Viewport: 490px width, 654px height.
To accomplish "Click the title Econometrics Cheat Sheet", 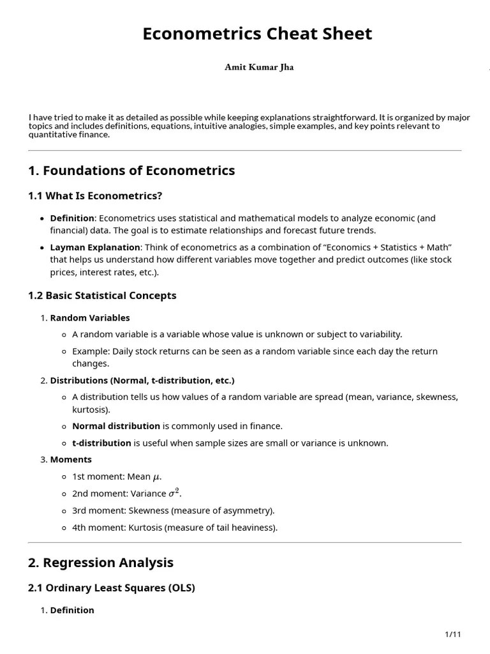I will click(x=257, y=34).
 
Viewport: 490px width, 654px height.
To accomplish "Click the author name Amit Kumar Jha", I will click(x=259, y=67).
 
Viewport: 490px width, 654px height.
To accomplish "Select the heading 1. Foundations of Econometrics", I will click(x=131, y=171).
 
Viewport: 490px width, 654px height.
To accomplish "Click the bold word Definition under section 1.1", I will click(x=72, y=218).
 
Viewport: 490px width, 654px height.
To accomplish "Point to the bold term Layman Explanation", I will click(x=95, y=247).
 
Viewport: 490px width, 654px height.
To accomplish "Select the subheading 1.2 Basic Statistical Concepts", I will click(x=102, y=296).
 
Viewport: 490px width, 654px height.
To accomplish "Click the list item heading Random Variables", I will click(x=90, y=317).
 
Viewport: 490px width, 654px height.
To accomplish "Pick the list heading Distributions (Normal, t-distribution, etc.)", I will click(x=142, y=380).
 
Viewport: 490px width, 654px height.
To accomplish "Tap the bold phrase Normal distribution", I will click(x=116, y=426).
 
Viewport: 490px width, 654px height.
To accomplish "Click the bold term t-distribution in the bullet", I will click(x=101, y=443).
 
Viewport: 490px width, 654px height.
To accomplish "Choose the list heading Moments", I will click(x=71, y=459).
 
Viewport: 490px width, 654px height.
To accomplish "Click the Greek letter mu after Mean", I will click(x=156, y=477).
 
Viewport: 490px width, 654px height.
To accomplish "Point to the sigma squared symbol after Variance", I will click(x=174, y=492).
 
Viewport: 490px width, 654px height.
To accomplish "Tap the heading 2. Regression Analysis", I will click(x=101, y=563).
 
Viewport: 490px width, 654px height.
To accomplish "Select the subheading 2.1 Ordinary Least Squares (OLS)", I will click(x=112, y=588).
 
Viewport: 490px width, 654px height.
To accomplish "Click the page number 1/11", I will click(x=452, y=634).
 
